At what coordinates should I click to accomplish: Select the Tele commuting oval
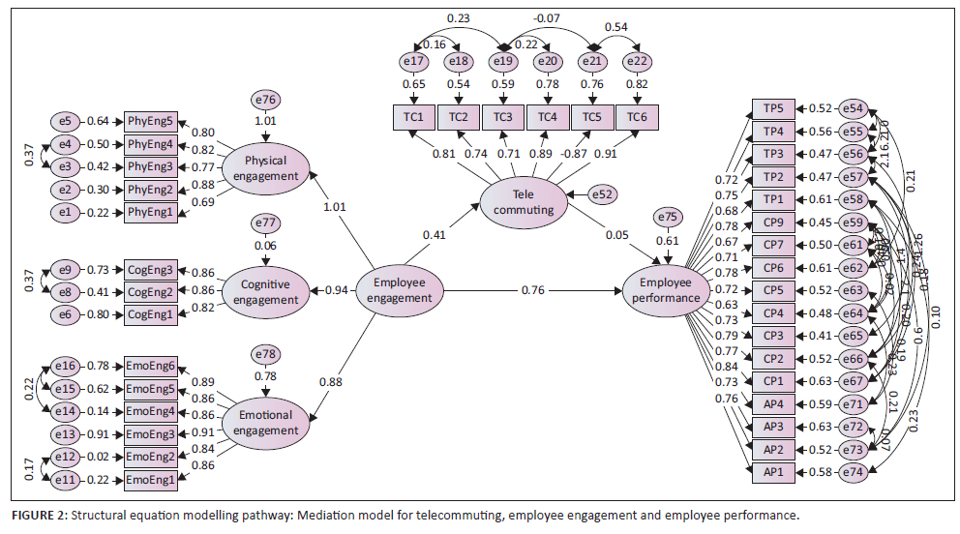523,203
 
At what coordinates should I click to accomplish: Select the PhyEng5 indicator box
149,121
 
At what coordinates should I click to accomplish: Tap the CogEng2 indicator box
149,291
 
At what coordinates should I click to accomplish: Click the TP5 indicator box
774,109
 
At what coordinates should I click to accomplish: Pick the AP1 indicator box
774,471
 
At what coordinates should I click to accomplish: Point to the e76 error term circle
265,100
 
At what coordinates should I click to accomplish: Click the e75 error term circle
667,219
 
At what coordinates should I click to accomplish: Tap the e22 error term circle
637,62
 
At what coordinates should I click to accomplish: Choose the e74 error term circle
854,471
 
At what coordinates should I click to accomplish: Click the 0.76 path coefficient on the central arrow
532,289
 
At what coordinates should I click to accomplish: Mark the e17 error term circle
413,62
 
